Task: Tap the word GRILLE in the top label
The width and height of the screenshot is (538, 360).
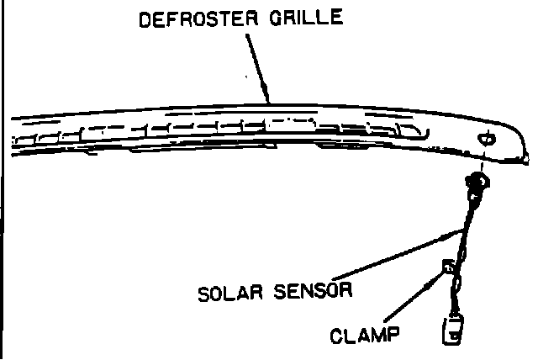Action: tap(314, 17)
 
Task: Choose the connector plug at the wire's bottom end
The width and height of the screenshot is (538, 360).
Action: tap(454, 329)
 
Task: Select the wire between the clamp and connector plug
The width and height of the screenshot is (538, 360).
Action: tap(454, 294)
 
